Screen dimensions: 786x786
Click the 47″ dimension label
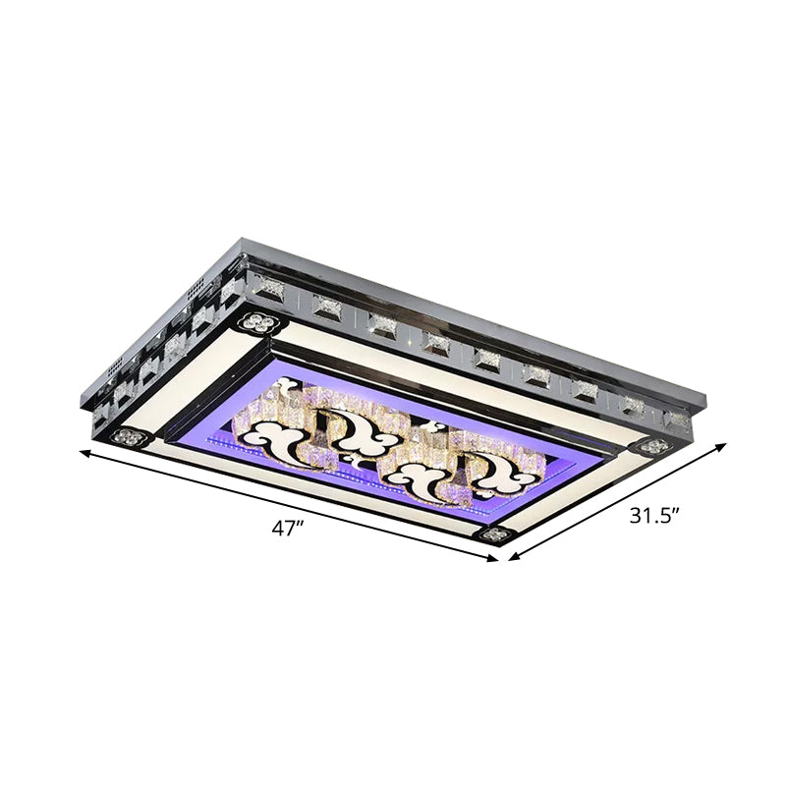[286, 529]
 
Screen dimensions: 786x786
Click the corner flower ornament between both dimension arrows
[491, 535]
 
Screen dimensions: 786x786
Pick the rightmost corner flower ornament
[650, 446]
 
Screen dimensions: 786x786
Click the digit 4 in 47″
[278, 529]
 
